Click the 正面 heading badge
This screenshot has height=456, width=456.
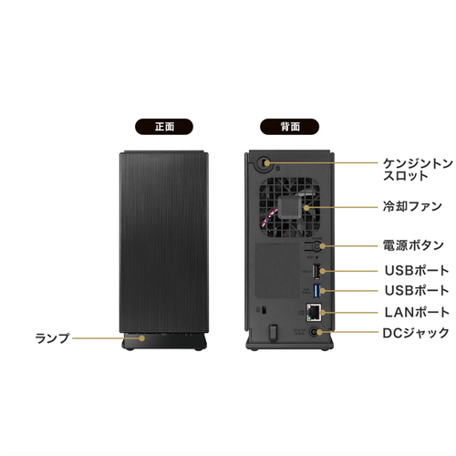tap(164, 127)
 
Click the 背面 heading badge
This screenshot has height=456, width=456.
tap(289, 127)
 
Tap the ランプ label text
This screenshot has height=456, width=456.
tap(53, 338)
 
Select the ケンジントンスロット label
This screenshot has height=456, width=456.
tap(418, 170)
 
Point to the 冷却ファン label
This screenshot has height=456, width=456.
tap(412, 206)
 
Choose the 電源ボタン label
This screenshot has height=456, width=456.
tap(413, 245)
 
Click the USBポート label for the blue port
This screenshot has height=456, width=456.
tap(417, 290)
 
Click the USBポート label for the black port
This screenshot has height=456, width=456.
tap(417, 270)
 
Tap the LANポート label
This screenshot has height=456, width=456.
tap(417, 312)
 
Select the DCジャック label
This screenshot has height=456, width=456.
tap(416, 333)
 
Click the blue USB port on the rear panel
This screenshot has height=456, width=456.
tap(316, 291)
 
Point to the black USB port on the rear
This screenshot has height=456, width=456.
tap(316, 271)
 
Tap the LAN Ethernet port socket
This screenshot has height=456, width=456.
tap(314, 312)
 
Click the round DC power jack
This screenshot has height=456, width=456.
tap(314, 332)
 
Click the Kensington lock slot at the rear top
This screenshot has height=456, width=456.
tap(264, 162)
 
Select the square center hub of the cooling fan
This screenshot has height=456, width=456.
tap(289, 207)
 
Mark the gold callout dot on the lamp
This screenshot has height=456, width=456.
tap(142, 338)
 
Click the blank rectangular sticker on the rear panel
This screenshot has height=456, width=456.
tap(277, 271)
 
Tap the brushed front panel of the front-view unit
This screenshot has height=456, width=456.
tap(164, 242)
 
